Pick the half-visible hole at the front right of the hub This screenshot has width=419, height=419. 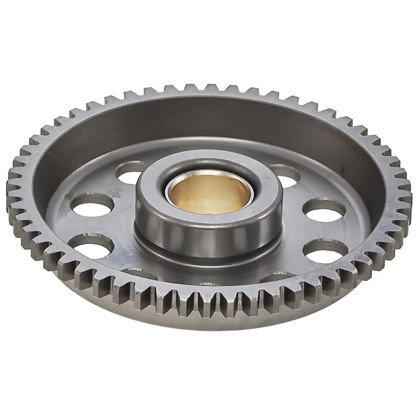click(279, 278)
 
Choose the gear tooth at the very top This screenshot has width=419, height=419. click(211, 87)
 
